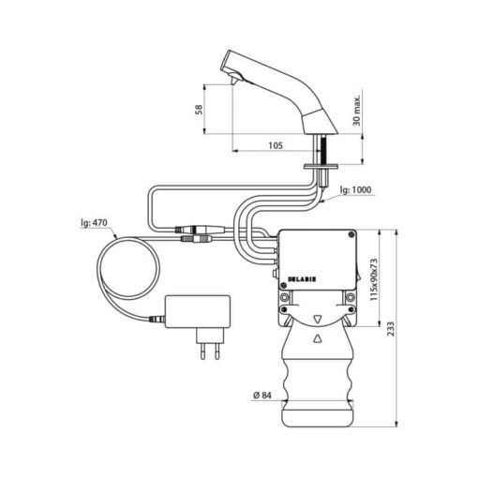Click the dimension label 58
coord(199,110)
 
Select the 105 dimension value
coord(276,145)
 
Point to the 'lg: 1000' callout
coord(356,190)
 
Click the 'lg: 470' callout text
coord(94,223)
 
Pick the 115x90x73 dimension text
coord(374,279)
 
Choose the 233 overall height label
coord(391,329)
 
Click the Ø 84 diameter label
coord(262,396)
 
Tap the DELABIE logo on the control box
coord(302,279)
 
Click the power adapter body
coord(198,311)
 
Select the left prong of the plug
coord(203,351)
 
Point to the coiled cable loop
coord(97,268)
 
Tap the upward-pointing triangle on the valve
coord(318,338)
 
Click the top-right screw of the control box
coord(351,234)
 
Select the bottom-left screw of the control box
coord(283,285)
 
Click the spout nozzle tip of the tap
coord(233,82)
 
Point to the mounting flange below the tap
coord(321,167)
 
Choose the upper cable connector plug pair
coord(200,230)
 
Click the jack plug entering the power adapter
coord(157,320)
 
